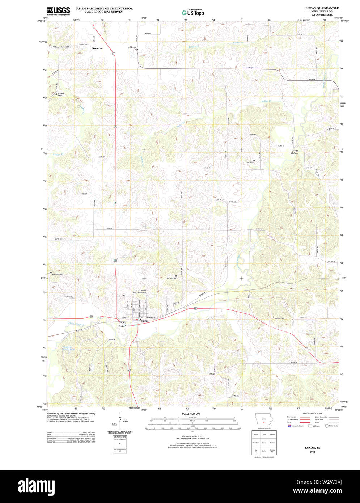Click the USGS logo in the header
point(58,10)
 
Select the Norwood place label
point(98,48)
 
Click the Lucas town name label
point(145,321)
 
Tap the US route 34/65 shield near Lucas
point(123,325)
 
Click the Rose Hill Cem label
point(58,274)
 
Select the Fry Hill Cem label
point(171,278)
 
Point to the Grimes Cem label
point(280,318)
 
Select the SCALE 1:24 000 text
point(191,413)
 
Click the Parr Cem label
point(250,162)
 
